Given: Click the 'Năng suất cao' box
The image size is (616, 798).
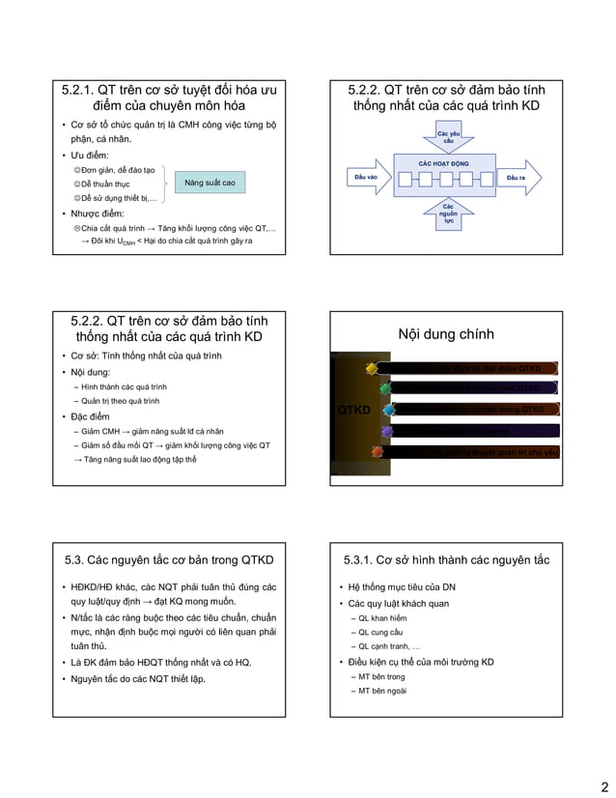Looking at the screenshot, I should pos(210,182).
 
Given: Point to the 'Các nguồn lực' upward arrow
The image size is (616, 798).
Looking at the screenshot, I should pos(448,214).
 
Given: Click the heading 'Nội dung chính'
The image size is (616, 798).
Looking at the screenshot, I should pos(446,334).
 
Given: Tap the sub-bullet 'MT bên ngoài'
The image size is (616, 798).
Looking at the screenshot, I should pos(383,691).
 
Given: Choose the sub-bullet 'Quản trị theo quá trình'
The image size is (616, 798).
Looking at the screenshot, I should pos(121,400).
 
